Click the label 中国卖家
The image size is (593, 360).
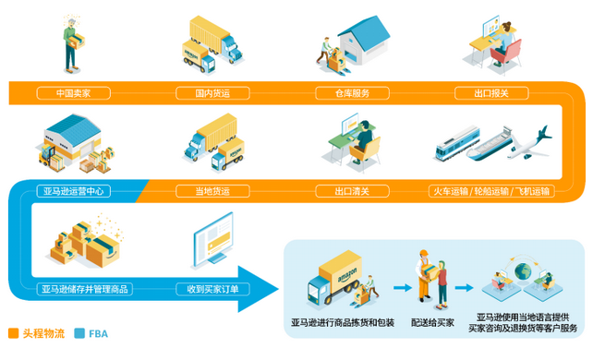pyautogui.click(x=73, y=93)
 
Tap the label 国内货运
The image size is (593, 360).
pyautogui.click(x=211, y=93)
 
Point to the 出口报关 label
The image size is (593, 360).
pyautogui.click(x=490, y=93)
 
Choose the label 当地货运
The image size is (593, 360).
pyautogui.click(x=211, y=192)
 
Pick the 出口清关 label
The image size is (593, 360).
pyautogui.click(x=353, y=192)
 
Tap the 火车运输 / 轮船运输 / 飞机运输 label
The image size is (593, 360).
pyautogui.click(x=491, y=192)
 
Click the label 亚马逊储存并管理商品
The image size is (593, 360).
pyautogui.click(x=85, y=290)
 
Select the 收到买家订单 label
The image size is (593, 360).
pyautogui.click(x=212, y=290)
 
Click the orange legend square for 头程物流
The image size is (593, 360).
pyautogui.click(x=13, y=333)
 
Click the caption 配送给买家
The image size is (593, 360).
pyautogui.click(x=432, y=322)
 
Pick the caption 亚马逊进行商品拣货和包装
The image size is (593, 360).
pyautogui.click(x=342, y=322)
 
